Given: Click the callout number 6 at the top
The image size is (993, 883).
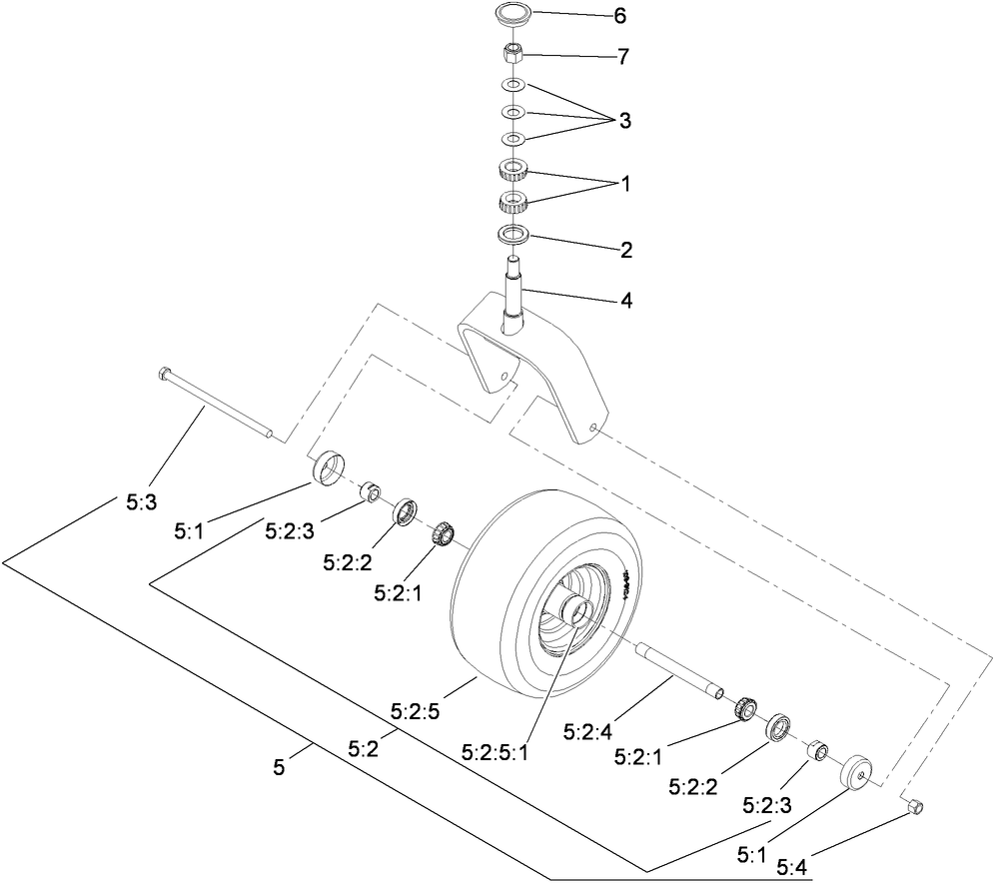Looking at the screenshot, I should pyautogui.click(x=619, y=17).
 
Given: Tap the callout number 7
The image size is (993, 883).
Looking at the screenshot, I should pyautogui.click(x=621, y=57).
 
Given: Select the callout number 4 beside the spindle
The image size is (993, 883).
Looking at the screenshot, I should pyautogui.click(x=625, y=300).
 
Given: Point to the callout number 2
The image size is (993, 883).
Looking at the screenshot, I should pyautogui.click(x=626, y=251).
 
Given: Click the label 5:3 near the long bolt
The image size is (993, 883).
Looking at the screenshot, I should pyautogui.click(x=141, y=504).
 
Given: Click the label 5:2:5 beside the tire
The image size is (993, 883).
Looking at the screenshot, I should pyautogui.click(x=418, y=712).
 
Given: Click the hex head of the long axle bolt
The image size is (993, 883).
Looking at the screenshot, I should pyautogui.click(x=166, y=375).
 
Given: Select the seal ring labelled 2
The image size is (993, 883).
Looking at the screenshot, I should pyautogui.click(x=513, y=235).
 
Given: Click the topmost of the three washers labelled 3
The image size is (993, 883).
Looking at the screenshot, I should pyautogui.click(x=513, y=86).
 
